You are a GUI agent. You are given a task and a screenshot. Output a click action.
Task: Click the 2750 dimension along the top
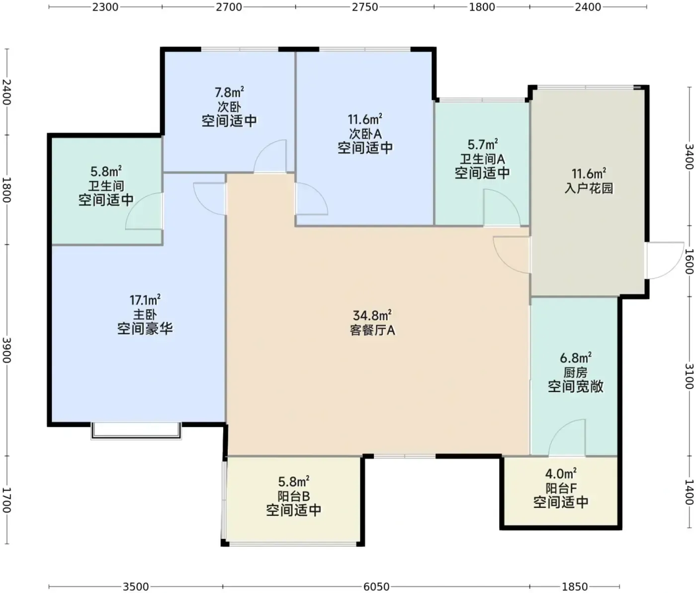[x=365, y=7]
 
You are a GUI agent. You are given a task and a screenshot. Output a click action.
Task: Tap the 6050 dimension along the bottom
[x=376, y=587]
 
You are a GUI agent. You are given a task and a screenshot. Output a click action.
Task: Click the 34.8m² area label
[x=372, y=316]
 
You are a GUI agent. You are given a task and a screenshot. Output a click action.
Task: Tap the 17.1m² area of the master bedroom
[x=145, y=299]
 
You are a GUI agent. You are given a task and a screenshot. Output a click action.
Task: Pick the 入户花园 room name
[x=589, y=188]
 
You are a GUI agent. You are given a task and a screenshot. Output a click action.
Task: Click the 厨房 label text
[x=576, y=372]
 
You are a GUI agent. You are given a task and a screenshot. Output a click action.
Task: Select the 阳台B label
[x=294, y=497]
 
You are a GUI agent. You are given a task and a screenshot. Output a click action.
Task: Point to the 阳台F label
[x=561, y=488]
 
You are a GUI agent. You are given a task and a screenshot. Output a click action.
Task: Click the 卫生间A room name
[x=482, y=159]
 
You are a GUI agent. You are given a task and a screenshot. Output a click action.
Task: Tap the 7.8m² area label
[x=229, y=92]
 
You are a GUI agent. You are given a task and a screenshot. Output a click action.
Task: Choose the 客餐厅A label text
[x=372, y=331]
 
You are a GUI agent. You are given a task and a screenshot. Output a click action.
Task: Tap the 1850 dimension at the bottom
[x=574, y=587]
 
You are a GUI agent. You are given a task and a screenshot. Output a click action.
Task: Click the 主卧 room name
[x=145, y=315]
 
